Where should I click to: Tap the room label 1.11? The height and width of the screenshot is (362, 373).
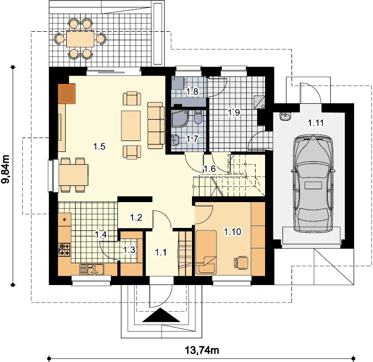(316, 123)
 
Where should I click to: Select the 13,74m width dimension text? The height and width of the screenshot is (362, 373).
(202, 350)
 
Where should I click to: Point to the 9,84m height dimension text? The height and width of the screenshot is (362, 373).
(5, 169)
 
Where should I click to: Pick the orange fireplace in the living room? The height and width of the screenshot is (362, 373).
(67, 93)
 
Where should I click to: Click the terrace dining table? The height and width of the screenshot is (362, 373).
(80, 39)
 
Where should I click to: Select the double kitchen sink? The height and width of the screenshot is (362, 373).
(92, 269)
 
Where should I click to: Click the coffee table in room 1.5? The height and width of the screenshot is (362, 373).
(131, 126)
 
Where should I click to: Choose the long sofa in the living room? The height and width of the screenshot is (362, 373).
(156, 126)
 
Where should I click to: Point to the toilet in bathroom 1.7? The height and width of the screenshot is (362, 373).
(197, 117)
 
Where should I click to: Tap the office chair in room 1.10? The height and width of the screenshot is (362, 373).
(241, 263)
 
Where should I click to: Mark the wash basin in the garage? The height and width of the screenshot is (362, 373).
(285, 116)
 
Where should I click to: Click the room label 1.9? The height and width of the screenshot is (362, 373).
(234, 113)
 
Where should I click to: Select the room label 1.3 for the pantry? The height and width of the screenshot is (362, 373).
(129, 250)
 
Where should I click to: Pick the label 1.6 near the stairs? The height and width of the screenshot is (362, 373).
(209, 169)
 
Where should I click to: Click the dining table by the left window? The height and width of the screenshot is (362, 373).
(74, 175)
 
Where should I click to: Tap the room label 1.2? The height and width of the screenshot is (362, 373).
(136, 217)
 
